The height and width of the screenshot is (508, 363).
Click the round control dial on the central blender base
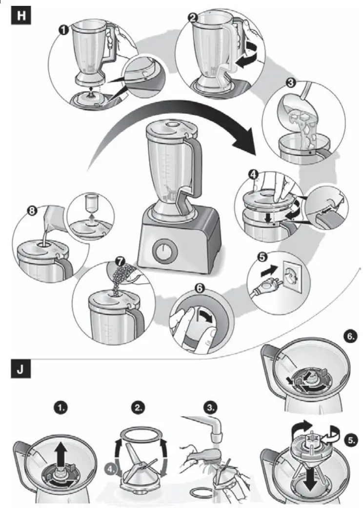[x=163, y=253]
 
